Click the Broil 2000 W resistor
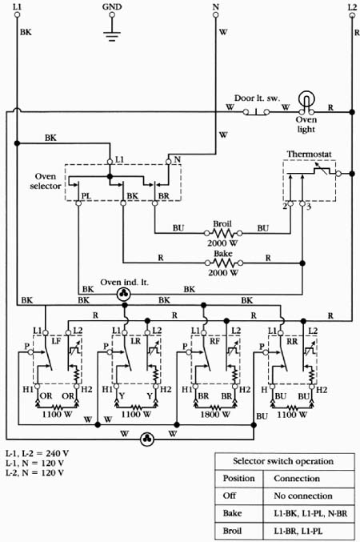tap(223, 233)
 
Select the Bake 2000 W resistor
tap(224, 263)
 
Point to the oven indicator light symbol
tap(123, 294)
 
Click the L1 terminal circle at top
tap(17, 15)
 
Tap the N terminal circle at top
tap(215, 15)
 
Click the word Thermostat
tap(309, 155)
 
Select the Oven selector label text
tap(46, 181)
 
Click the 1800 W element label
tap(215, 414)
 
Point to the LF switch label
tap(56, 341)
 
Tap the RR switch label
tap(292, 341)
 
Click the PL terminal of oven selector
tap(78, 203)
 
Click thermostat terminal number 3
tap(309, 207)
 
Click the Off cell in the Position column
tap(230, 496)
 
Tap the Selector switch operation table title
tap(283, 461)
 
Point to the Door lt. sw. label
tap(257, 98)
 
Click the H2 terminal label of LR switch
tap(166, 390)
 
